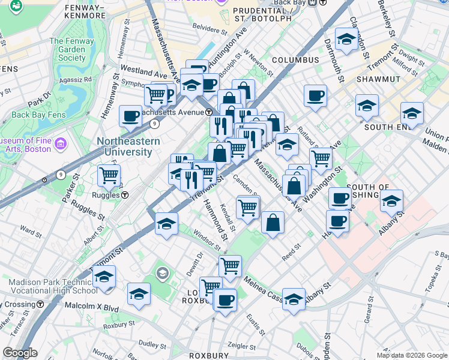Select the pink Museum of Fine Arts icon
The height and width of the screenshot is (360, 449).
(61, 144)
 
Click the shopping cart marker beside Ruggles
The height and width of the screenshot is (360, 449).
(109, 175)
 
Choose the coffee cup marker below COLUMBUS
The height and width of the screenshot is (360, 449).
(315, 95)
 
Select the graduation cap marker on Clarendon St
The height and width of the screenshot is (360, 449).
(346, 39)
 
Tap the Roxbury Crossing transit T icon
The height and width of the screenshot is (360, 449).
(40, 304)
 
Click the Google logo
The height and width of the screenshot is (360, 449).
(20, 352)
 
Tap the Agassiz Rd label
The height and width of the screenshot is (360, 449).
(76, 79)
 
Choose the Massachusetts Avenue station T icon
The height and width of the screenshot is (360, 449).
(208, 112)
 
